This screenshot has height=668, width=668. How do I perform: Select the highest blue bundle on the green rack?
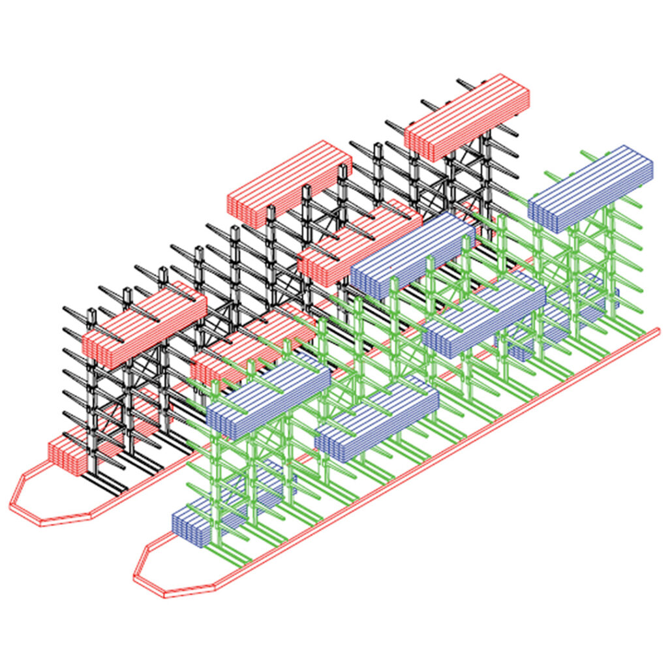coord(590,188)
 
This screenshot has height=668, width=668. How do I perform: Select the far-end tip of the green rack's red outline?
coord(658,331)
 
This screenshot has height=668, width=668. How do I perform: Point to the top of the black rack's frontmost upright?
coord(91,313)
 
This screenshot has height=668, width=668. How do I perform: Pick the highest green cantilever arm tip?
coord(582,152)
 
